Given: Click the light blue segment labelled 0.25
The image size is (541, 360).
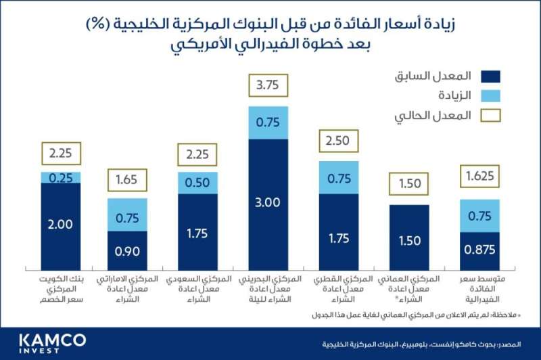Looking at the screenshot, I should (x=60, y=177).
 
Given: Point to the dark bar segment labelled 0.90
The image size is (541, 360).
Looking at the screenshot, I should (x=128, y=251).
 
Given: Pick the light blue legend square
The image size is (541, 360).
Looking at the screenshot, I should (x=488, y=96).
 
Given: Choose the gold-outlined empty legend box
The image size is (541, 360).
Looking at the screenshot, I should (x=488, y=116).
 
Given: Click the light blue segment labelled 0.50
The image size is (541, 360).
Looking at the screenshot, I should (x=197, y=183).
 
